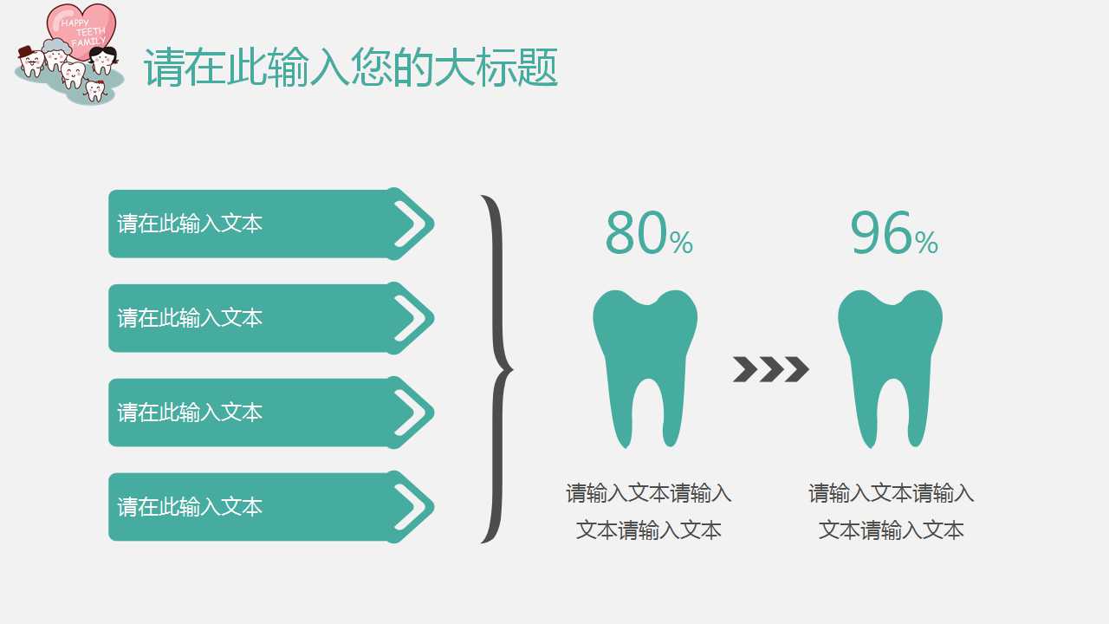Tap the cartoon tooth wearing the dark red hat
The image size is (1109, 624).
[30, 62]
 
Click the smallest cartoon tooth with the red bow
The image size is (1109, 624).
[94, 89]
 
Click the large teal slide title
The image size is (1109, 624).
[350, 68]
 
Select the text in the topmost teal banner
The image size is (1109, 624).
[190, 224]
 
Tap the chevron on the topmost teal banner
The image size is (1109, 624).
[412, 224]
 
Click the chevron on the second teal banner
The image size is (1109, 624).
[412, 318]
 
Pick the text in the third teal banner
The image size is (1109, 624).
[190, 413]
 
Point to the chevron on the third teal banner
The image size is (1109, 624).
[412, 413]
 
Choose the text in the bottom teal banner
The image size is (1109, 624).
[190, 507]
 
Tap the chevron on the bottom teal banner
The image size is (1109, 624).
[412, 507]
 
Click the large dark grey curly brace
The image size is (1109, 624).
[496, 369]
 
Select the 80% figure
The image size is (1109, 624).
[648, 234]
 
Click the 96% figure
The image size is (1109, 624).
[893, 234]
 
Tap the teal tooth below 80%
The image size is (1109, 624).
[645, 364]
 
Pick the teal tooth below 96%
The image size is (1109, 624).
[890, 364]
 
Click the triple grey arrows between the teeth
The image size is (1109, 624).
[770, 369]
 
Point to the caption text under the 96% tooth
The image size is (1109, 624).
[892, 511]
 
